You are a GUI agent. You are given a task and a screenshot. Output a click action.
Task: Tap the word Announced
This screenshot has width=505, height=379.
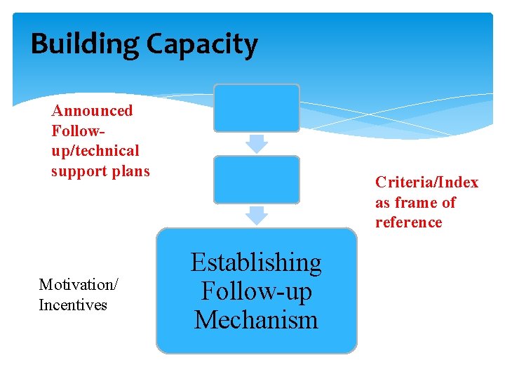[92, 110]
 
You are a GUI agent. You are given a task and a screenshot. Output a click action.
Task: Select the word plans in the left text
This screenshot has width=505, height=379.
[132, 171]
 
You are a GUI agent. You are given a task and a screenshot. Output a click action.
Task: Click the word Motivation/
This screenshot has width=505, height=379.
[79, 284]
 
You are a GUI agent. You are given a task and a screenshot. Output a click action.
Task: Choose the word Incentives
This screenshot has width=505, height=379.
[73, 305]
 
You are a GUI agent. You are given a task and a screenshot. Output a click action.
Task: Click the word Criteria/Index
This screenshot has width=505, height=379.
[426, 182]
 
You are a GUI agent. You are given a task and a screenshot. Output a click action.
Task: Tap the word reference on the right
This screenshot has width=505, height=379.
[408, 222]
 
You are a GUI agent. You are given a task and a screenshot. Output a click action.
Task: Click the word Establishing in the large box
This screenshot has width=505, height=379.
[256, 262]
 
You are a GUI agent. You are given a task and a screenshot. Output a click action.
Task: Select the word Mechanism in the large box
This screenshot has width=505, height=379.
[256, 320]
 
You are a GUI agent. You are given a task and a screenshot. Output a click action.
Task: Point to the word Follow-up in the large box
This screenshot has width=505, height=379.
[256, 291]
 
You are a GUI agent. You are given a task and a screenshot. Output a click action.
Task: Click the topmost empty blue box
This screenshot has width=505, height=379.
[256, 108]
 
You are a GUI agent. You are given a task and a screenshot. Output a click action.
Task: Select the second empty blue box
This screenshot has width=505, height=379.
[256, 180]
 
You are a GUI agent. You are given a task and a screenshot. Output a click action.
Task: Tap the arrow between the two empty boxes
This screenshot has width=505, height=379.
[257, 144]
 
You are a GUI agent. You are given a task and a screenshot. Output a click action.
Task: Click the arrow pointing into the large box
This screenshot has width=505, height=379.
[257, 215]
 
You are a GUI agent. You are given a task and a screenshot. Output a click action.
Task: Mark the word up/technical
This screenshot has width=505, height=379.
[95, 151]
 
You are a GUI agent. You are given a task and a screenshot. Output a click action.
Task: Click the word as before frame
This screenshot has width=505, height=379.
[383, 203]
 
